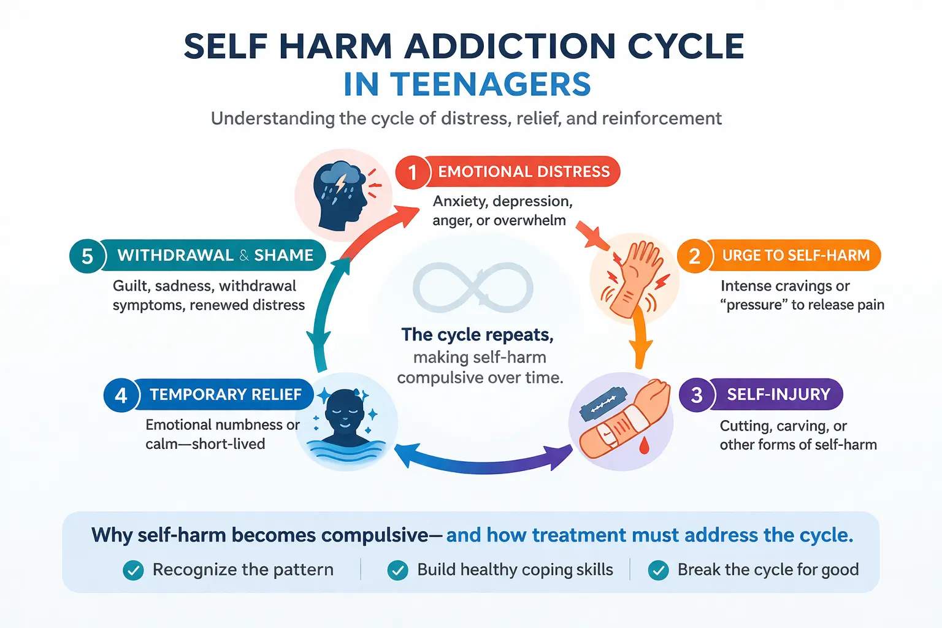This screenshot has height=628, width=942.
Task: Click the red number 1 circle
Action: [412, 172]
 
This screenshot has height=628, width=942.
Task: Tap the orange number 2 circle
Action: [694, 256]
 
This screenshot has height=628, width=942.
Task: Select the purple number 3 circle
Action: [696, 395]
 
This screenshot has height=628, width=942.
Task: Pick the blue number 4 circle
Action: [121, 395]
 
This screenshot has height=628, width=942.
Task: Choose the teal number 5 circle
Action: [87, 256]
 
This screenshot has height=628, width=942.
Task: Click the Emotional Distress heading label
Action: [524, 172]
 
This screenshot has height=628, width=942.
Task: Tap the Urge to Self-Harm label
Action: [795, 256]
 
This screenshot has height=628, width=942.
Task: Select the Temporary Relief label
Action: [225, 394]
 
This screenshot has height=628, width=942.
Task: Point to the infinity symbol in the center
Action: [473, 287]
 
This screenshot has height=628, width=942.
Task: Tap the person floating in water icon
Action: [344, 423]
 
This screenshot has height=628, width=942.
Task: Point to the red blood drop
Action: [644, 446]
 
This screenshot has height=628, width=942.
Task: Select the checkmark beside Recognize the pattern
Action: [133, 570]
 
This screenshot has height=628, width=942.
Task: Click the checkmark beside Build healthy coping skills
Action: [397, 570]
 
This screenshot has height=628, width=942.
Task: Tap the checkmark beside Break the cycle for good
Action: [658, 570]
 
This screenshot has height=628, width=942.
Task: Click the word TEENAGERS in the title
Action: [490, 85]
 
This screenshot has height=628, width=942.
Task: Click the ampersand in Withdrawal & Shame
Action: [244, 256]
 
